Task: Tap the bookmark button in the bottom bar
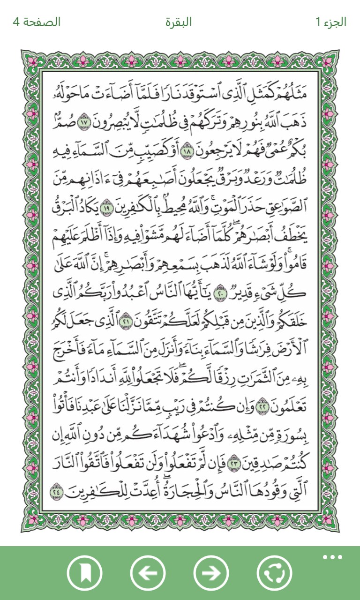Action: (84, 573)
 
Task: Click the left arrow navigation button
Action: (148, 573)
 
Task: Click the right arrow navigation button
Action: (211, 573)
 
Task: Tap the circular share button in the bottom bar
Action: (275, 573)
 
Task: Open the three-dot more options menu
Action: (333, 557)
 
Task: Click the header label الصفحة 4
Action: (37, 22)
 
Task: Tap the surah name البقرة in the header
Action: (179, 22)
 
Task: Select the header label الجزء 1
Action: (331, 22)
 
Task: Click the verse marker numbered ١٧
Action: (84, 121)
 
